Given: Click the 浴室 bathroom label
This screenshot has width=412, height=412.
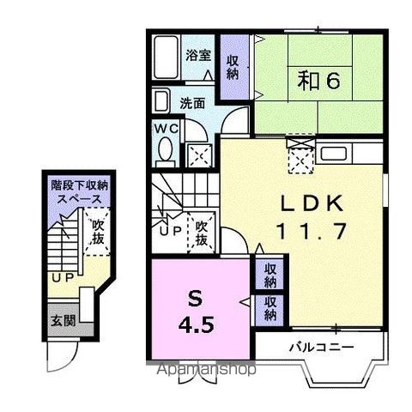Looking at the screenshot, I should pos(198,55).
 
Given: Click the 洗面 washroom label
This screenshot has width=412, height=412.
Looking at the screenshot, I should pos(192,102).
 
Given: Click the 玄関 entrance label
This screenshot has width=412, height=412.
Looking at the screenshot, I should pos(59,320).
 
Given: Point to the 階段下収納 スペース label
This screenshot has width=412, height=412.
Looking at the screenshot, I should pos(78,191).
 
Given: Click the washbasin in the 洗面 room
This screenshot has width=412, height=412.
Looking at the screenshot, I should pos(162,101).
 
